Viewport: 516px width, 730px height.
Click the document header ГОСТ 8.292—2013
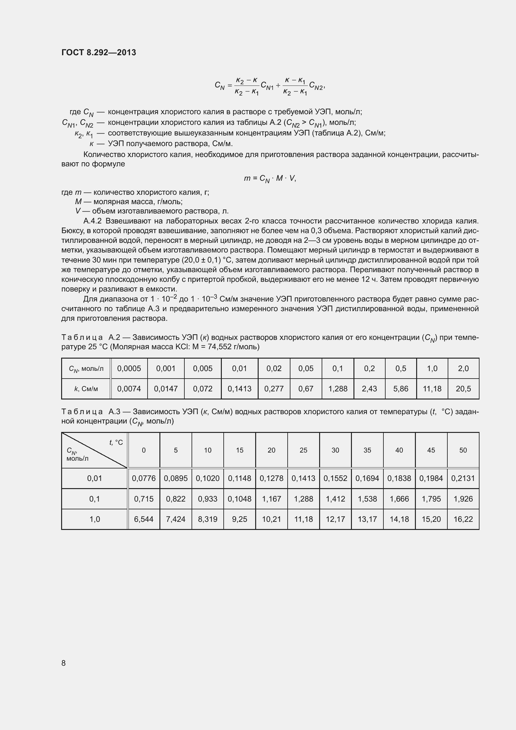click(99, 52)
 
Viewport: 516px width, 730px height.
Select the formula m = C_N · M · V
click(270, 179)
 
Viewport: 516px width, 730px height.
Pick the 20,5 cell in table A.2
click(463, 389)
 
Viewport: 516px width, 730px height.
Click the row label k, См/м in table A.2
click(86, 389)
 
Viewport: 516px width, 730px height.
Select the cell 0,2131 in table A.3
click(463, 478)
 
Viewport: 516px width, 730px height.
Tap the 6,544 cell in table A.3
click(144, 519)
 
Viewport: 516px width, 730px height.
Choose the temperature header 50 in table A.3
click(463, 450)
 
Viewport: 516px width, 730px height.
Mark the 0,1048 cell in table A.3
click(239, 499)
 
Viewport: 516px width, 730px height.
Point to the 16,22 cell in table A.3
click(463, 519)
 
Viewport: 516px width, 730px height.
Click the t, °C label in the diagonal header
click(116, 443)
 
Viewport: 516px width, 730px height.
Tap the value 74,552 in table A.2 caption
click(220, 347)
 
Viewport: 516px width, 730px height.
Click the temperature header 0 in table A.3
click(144, 450)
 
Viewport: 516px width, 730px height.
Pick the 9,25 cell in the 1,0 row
click(239, 519)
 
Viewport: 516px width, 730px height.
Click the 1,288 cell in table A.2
click(338, 389)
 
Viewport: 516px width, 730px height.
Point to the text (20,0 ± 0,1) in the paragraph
click(201, 260)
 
